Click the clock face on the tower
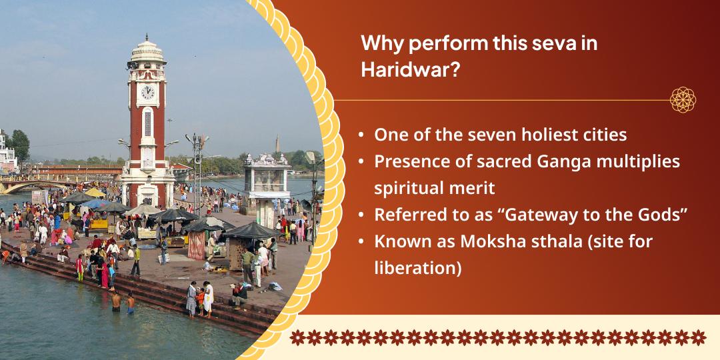[147, 92]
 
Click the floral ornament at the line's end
[683, 100]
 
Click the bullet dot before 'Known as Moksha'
[361, 242]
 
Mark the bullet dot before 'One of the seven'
[361, 135]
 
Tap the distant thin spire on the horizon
[277, 143]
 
